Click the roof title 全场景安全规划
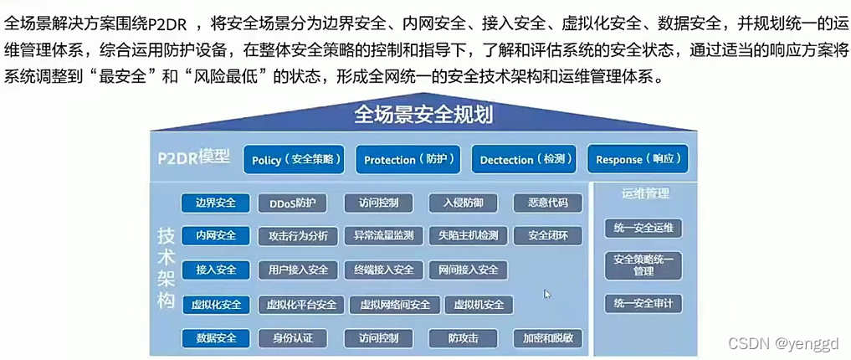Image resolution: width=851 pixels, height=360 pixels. click(x=423, y=114)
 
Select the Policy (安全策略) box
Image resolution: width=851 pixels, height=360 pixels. click(x=296, y=159)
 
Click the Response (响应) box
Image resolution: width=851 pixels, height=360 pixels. click(x=642, y=159)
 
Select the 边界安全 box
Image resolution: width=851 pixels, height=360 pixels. click(x=215, y=203)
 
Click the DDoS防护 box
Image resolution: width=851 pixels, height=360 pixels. click(x=292, y=203)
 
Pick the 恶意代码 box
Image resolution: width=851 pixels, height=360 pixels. click(x=547, y=203)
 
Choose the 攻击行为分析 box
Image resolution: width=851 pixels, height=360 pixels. click(x=298, y=236)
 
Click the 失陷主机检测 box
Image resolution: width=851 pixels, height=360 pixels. click(x=468, y=236)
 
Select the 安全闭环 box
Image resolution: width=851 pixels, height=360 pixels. click(x=548, y=236)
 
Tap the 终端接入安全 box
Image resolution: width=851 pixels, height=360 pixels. click(x=383, y=270)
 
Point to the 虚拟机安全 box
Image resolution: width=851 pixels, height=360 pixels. click(x=479, y=305)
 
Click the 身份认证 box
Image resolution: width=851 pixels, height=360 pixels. click(x=292, y=338)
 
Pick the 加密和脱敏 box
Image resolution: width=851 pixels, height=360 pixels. click(x=548, y=338)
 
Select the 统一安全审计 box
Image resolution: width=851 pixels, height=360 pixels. click(x=643, y=303)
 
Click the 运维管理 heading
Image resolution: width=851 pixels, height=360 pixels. click(x=645, y=193)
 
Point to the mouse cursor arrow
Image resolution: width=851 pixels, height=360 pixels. click(x=546, y=293)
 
